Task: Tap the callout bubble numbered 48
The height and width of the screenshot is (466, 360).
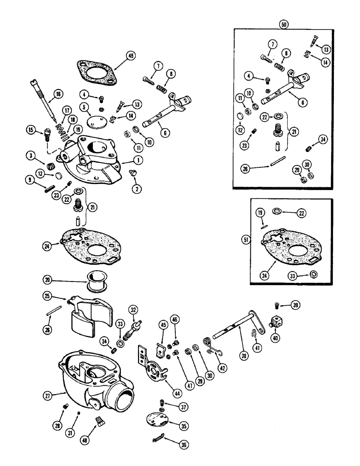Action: coord(100,437)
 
